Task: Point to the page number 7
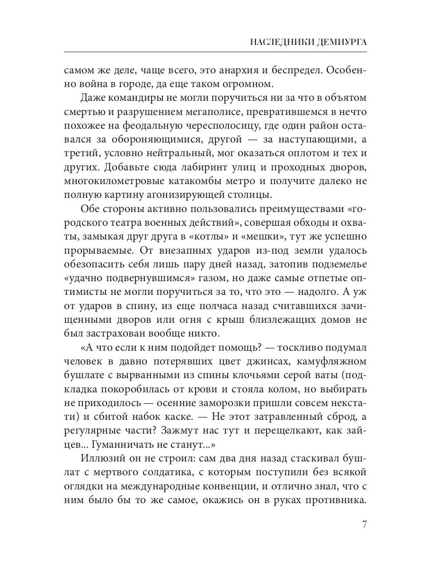point(364,525)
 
